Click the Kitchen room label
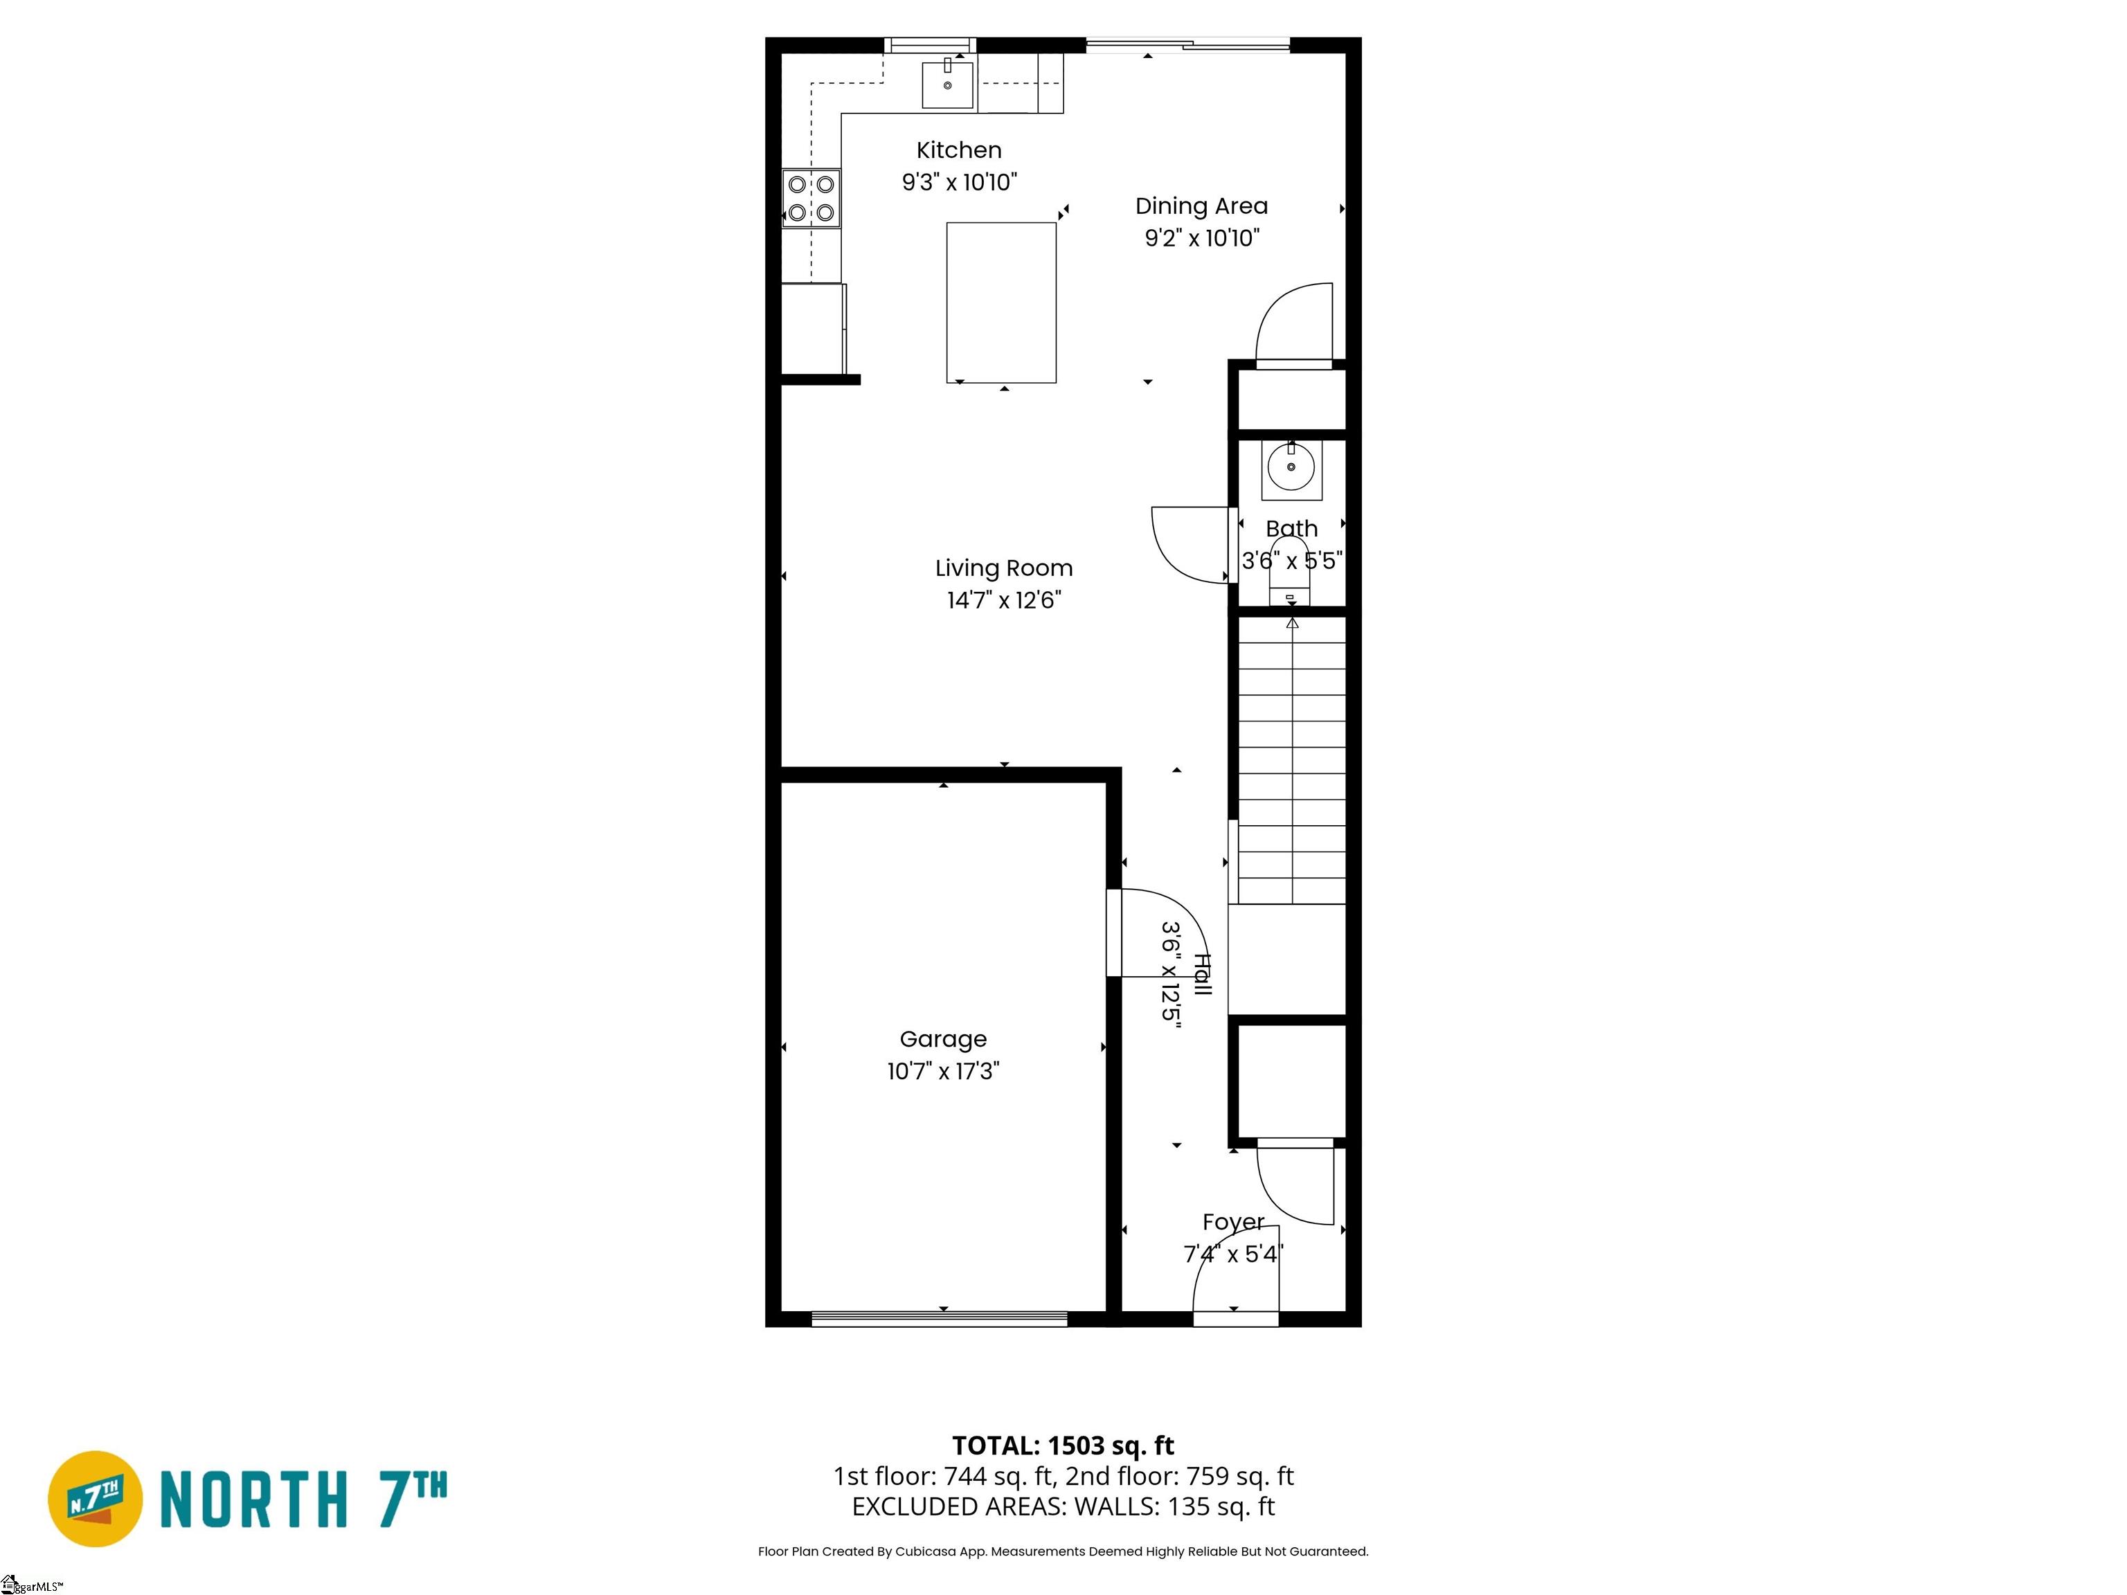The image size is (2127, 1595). pyautogui.click(x=959, y=150)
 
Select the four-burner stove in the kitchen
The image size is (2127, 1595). pyautogui.click(x=811, y=198)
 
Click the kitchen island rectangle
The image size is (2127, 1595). pyautogui.click(x=1001, y=303)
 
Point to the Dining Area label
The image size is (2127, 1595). pyautogui.click(x=1201, y=206)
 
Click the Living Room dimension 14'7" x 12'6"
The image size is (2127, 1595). pyautogui.click(x=1004, y=600)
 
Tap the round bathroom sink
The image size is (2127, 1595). pyautogui.click(x=1291, y=468)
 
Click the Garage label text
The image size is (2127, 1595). pyautogui.click(x=943, y=1039)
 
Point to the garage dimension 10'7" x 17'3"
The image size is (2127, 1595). pyautogui.click(x=943, y=1071)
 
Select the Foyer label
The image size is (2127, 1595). pyautogui.click(x=1234, y=1222)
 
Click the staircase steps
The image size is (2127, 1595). pyautogui.click(x=1291, y=759)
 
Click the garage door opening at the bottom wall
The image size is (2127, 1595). pyautogui.click(x=940, y=1318)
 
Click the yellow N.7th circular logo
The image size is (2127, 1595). pyautogui.click(x=95, y=1498)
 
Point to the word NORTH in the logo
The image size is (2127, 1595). pyautogui.click(x=253, y=1499)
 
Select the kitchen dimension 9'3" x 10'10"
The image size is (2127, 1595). pyautogui.click(x=959, y=181)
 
